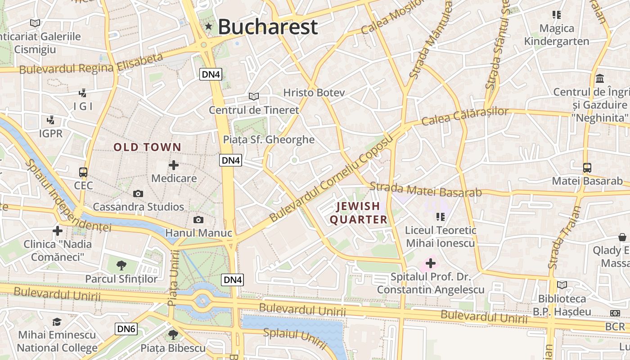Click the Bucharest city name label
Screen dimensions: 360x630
(268, 27)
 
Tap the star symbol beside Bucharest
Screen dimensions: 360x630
(208, 27)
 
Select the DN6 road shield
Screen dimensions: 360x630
(126, 329)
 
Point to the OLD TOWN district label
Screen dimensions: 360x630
(147, 147)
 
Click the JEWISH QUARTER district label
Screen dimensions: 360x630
(359, 213)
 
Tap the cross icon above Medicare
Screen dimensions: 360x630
(174, 165)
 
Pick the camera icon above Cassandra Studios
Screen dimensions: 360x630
(138, 194)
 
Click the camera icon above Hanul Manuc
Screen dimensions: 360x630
(198, 220)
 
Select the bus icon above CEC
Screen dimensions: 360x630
(83, 172)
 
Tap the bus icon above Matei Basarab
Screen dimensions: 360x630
(587, 168)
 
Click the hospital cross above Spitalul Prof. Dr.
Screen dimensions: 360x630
(431, 263)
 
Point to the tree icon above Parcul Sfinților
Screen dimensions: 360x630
(121, 265)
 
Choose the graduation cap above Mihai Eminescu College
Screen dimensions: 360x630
(57, 322)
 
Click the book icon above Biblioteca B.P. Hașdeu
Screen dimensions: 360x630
(562, 285)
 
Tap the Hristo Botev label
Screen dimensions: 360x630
(314, 93)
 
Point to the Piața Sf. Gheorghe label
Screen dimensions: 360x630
(269, 139)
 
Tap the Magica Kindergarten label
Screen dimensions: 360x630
(557, 35)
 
